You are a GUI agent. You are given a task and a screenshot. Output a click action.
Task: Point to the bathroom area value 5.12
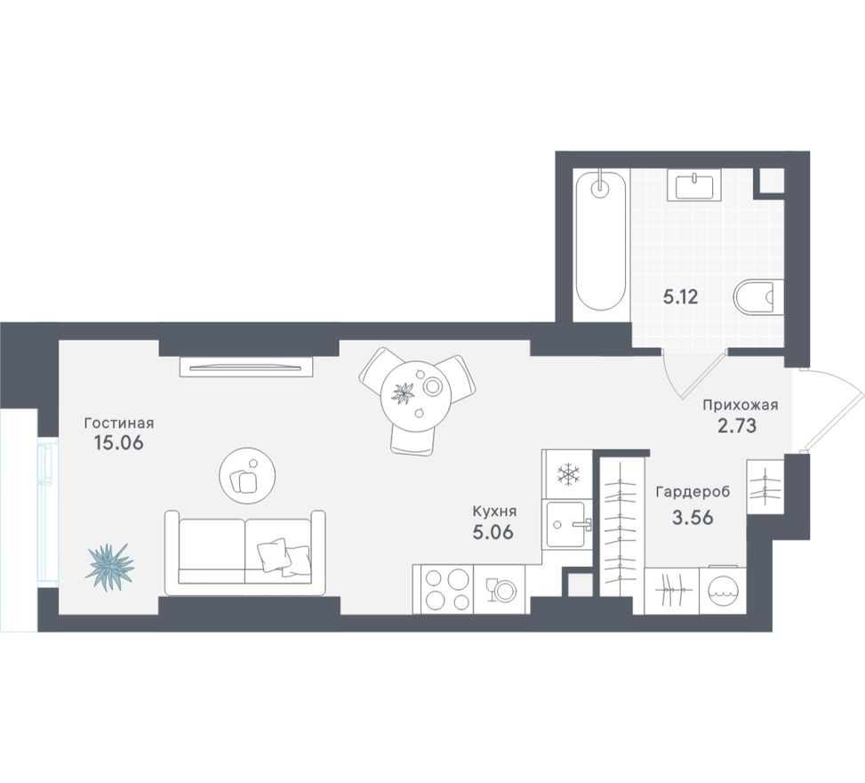click(680, 296)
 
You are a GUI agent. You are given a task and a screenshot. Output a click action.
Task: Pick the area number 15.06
click(118, 442)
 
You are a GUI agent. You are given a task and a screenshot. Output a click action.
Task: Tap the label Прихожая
click(740, 405)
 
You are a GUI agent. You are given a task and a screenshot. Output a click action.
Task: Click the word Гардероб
click(694, 491)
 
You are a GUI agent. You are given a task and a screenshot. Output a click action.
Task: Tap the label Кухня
click(495, 512)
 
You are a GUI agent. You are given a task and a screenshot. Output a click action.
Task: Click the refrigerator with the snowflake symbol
click(566, 474)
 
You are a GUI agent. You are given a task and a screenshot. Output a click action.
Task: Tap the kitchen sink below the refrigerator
click(565, 524)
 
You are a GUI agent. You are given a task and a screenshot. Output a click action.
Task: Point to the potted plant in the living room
click(109, 564)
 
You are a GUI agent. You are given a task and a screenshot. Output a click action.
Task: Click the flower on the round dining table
click(404, 392)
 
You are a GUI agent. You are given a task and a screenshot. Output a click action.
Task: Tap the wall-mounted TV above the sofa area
click(246, 365)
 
